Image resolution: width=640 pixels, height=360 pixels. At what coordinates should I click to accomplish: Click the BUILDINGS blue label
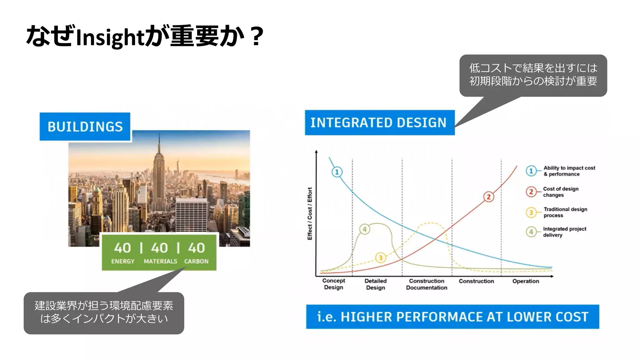(x=85, y=127)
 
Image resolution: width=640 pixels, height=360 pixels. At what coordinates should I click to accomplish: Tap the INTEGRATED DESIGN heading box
(x=379, y=122)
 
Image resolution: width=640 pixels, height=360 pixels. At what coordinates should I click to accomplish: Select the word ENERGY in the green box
(x=123, y=261)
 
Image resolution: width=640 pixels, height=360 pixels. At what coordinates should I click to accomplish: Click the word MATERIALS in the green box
(x=160, y=261)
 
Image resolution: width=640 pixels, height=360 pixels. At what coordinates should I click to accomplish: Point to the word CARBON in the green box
(x=196, y=261)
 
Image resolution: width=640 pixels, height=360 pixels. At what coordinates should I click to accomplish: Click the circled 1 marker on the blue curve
(x=337, y=172)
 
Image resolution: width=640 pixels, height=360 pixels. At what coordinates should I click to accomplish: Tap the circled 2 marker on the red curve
(x=489, y=197)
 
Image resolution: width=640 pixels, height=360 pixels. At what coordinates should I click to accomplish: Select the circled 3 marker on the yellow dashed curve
(x=381, y=258)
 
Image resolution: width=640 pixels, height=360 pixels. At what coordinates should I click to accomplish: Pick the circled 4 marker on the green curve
(x=364, y=229)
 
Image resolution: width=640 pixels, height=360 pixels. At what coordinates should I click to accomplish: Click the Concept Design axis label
(x=333, y=284)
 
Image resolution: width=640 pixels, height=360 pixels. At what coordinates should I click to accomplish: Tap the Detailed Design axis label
(x=375, y=284)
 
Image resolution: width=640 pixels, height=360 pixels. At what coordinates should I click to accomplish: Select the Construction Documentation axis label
(x=427, y=284)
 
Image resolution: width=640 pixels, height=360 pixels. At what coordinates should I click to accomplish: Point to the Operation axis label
(x=526, y=281)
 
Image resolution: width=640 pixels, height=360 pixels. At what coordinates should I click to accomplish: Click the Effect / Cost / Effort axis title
(x=310, y=214)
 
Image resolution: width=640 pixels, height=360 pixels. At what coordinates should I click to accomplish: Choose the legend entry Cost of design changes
(x=560, y=192)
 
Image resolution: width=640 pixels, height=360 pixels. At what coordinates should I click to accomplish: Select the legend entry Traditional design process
(x=565, y=212)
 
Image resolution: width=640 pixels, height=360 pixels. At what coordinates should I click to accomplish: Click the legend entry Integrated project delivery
(x=564, y=232)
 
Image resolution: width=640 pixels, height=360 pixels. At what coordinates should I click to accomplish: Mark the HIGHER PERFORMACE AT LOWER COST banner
(x=452, y=317)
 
